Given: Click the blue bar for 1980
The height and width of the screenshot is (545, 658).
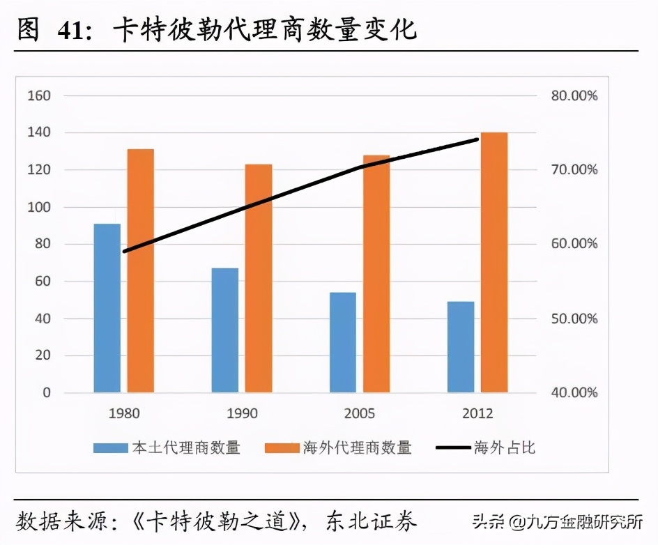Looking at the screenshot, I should pyautogui.click(x=107, y=308).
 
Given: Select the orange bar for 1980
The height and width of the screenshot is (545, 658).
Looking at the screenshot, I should pyautogui.click(x=140, y=270).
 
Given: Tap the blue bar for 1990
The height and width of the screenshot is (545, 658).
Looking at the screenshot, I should pyautogui.click(x=225, y=330).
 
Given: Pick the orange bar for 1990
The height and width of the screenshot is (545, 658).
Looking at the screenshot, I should pyautogui.click(x=258, y=278).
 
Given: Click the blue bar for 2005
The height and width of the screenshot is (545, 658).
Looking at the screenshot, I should pyautogui.click(x=343, y=342).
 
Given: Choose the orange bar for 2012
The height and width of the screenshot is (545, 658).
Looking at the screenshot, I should pyautogui.click(x=494, y=262).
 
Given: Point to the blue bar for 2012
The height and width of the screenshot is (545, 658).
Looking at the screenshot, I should pyautogui.click(x=461, y=346).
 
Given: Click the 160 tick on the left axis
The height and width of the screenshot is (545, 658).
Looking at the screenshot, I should pyautogui.click(x=39, y=95).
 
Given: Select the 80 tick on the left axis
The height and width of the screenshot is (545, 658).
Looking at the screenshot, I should pyautogui.click(x=43, y=244).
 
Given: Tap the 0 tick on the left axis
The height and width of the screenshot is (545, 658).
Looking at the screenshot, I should pyautogui.click(x=47, y=392).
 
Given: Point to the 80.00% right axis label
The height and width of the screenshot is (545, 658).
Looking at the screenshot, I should pyautogui.click(x=574, y=95).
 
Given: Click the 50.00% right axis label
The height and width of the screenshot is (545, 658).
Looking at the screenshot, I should pyautogui.click(x=574, y=318).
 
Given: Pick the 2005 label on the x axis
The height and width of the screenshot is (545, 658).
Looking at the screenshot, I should pyautogui.click(x=360, y=413).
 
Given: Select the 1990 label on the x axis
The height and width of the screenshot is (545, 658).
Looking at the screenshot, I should pyautogui.click(x=242, y=413).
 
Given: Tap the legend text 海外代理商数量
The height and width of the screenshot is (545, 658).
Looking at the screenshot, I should pyautogui.click(x=357, y=447).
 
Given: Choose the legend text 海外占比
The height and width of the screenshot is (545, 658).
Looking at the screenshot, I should pyautogui.click(x=505, y=447).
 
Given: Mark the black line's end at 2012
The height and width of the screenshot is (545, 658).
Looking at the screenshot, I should pyautogui.click(x=477, y=139).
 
